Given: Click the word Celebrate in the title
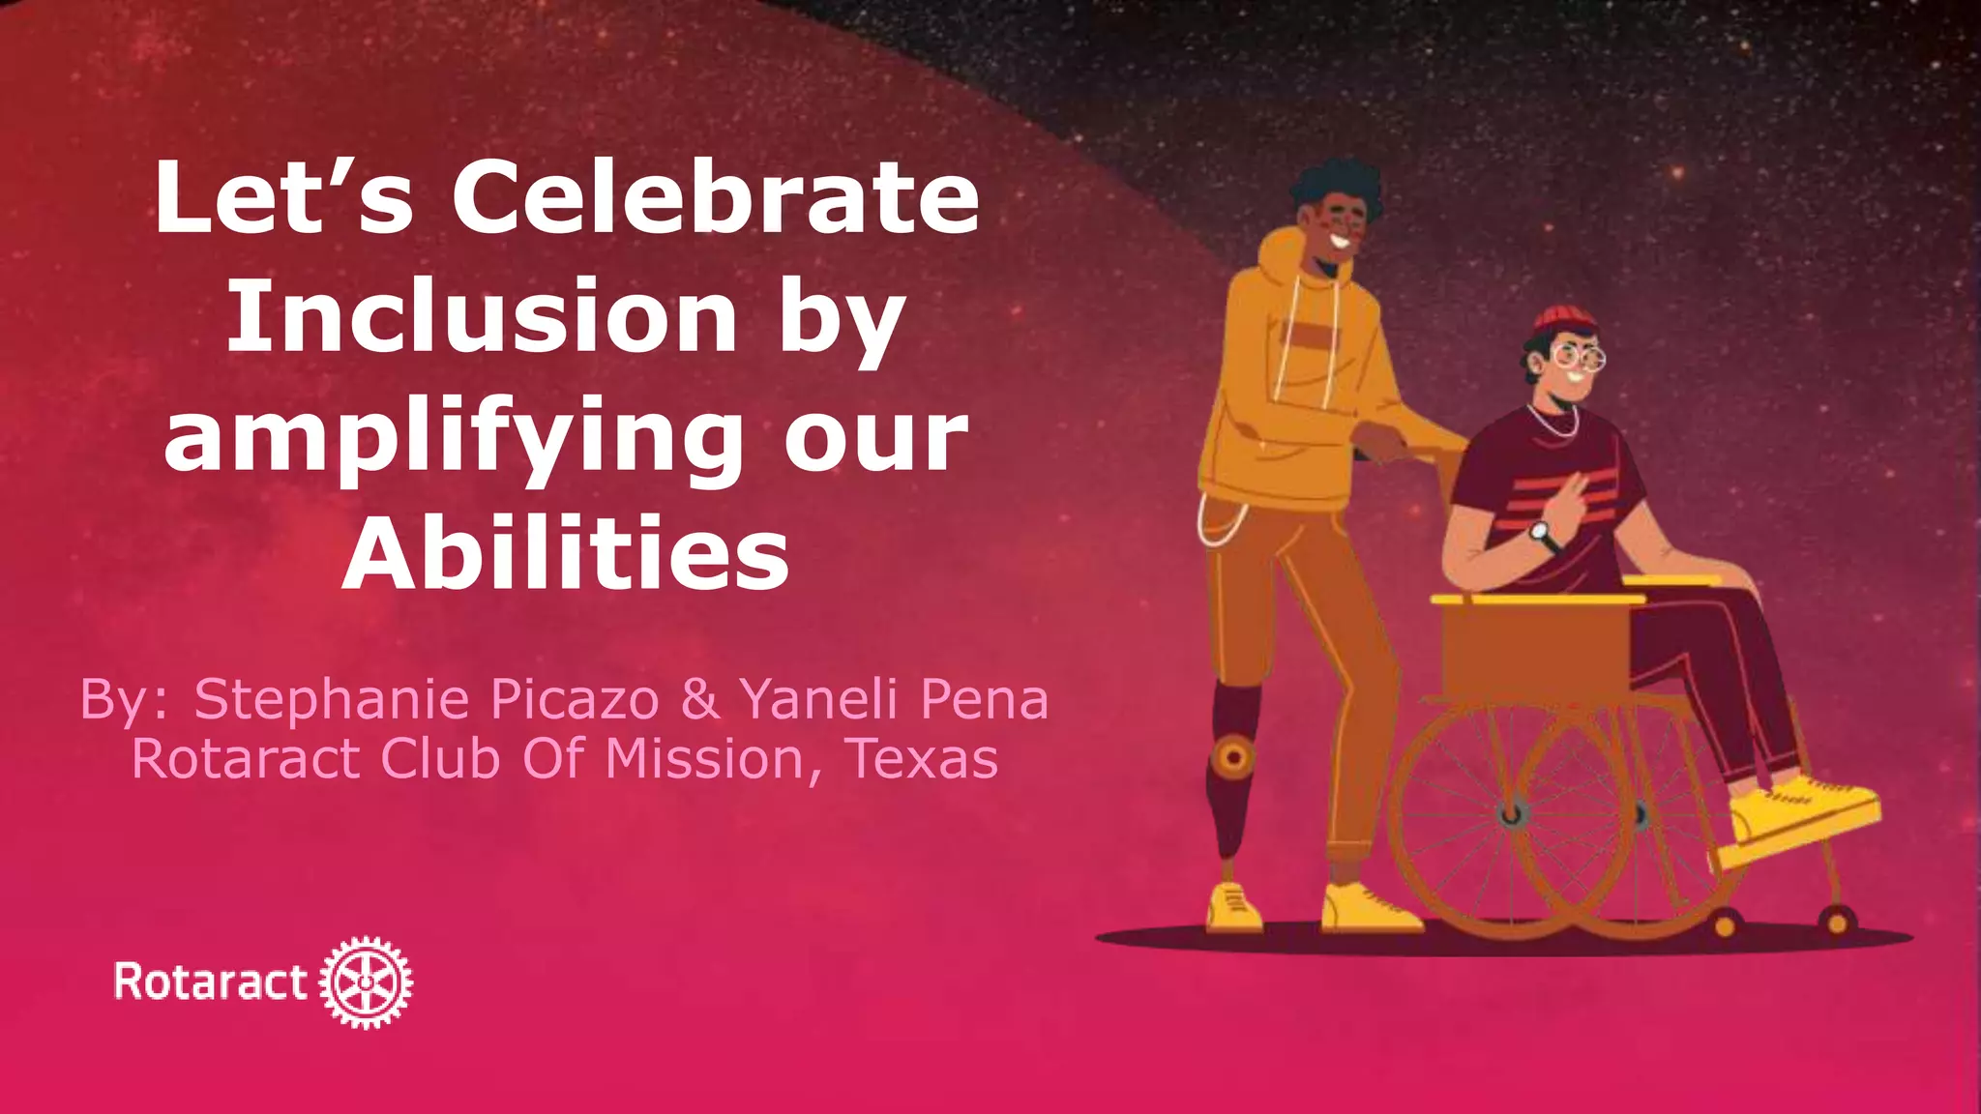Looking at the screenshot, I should [x=716, y=199].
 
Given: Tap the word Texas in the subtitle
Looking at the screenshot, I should [x=922, y=758].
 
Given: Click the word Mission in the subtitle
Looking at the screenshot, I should [x=705, y=758].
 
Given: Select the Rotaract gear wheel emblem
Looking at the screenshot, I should [x=366, y=982].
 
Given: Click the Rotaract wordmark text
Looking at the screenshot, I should [x=211, y=982].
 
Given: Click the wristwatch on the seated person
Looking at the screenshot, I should [x=1541, y=532].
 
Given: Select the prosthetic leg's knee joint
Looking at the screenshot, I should [x=1233, y=755].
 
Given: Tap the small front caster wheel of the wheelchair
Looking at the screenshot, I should [x=1723, y=925].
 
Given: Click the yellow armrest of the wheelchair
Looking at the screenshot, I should [x=1538, y=600].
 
